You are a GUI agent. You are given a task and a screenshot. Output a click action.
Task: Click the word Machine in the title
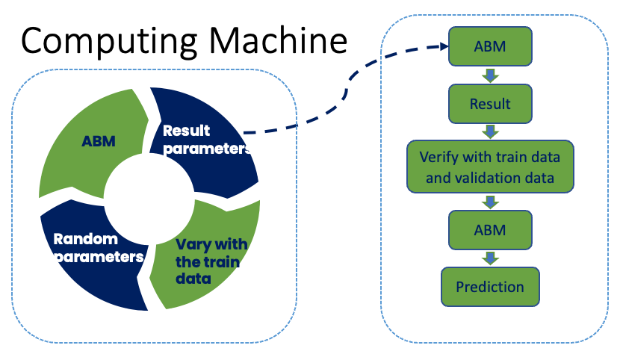pyautogui.click(x=278, y=40)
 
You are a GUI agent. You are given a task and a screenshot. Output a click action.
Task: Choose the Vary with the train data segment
pyautogui.click(x=205, y=257)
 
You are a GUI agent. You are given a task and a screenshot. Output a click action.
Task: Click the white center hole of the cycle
pyautogui.click(x=149, y=199)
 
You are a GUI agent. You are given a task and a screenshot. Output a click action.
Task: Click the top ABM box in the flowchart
pyautogui.click(x=490, y=46)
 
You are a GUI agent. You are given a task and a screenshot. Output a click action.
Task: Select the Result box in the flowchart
pyautogui.click(x=490, y=104)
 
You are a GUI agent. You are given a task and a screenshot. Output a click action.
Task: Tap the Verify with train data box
pyautogui.click(x=490, y=167)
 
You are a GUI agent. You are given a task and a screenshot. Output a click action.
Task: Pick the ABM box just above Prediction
pyautogui.click(x=490, y=229)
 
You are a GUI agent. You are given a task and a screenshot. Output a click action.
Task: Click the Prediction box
pyautogui.click(x=490, y=287)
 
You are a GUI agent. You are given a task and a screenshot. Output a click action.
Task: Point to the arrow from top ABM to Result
pyautogui.click(x=490, y=75)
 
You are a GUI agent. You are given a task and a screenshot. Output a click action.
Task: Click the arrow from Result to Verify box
pyautogui.click(x=490, y=132)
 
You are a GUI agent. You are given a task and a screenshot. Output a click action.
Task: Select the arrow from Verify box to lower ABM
pyautogui.click(x=490, y=202)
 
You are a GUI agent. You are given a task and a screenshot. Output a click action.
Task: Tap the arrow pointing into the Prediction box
pyautogui.click(x=490, y=258)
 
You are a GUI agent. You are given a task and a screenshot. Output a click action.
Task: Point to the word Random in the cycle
pyautogui.click(x=85, y=239)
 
